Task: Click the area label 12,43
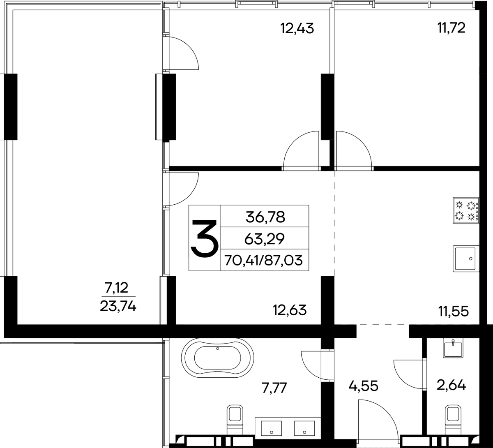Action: [x=297, y=28]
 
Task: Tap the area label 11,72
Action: [x=451, y=28]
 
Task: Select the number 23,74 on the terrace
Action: [x=118, y=307]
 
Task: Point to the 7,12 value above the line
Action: [x=117, y=288]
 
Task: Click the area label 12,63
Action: [x=290, y=310]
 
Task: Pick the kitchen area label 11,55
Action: [x=454, y=311]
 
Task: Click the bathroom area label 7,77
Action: [x=274, y=388]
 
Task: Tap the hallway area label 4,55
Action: [x=364, y=386]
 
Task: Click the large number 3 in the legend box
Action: [x=205, y=238]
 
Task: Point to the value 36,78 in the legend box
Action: [x=265, y=217]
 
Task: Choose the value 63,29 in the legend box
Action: [x=265, y=238]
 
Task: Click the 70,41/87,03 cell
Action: [x=263, y=261]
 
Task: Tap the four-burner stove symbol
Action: [x=466, y=210]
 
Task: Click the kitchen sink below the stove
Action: [x=466, y=259]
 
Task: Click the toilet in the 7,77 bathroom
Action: [x=235, y=420]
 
